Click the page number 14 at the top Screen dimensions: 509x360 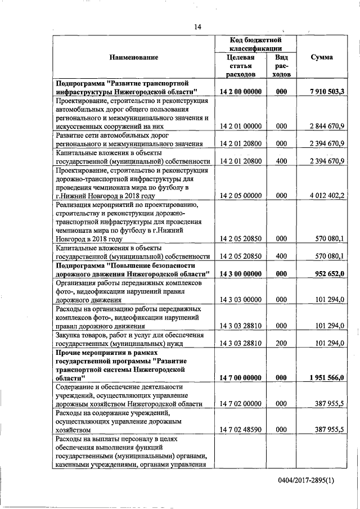(197, 26)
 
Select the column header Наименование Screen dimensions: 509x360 (134, 57)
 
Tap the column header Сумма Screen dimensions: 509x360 (321, 57)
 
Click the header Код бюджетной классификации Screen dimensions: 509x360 (255, 44)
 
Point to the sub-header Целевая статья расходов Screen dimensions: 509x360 (240, 66)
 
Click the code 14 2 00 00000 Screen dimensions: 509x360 (241, 91)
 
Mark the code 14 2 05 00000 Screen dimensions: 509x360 (241, 196)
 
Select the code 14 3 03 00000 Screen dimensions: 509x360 (241, 300)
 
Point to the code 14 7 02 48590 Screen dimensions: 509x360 (241, 429)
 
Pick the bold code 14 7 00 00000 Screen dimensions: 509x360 (241, 377)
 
